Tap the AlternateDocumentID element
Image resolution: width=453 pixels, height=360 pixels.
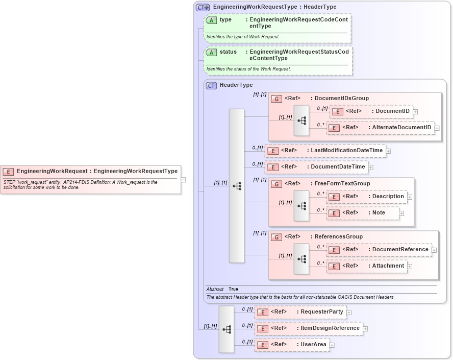tap(380, 127)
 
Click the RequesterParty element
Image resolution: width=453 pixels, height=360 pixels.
tap(300, 312)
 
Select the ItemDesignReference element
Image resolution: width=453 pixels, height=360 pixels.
tap(309, 328)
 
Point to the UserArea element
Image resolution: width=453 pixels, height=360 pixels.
tap(292, 345)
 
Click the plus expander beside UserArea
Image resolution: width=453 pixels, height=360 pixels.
tap(332, 345)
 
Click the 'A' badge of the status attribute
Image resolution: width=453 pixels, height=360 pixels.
tap(211, 52)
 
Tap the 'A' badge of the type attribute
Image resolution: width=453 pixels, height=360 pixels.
tap(211, 20)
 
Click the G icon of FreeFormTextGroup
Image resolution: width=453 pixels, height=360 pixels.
tap(276, 184)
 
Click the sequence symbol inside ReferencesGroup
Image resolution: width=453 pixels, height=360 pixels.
tap(301, 259)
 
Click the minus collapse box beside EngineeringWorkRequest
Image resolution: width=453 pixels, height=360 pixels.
tap(183, 180)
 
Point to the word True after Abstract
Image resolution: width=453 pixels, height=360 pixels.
tap(233, 289)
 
